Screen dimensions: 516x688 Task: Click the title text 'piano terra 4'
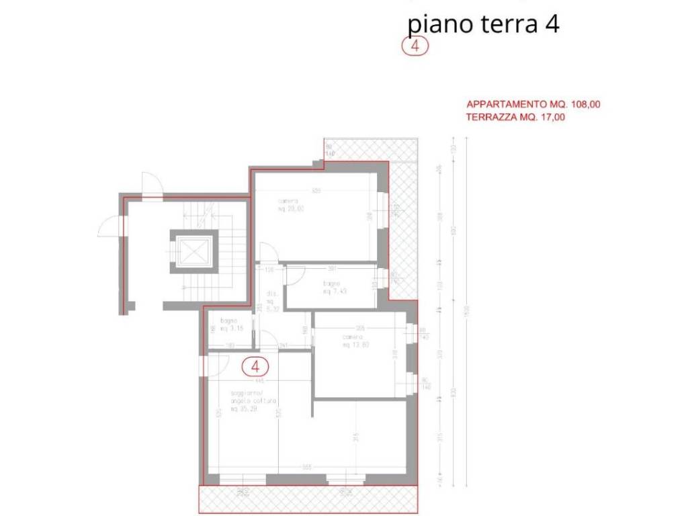[x=484, y=24]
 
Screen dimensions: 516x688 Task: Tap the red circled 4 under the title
[x=415, y=46]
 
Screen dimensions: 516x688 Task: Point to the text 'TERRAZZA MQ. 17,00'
[x=515, y=117]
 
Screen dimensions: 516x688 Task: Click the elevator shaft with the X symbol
[x=194, y=252]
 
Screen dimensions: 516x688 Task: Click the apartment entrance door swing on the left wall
[x=214, y=366]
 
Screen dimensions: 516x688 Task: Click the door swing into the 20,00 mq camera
[x=269, y=253]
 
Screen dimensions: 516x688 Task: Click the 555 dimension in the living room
[x=307, y=467]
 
